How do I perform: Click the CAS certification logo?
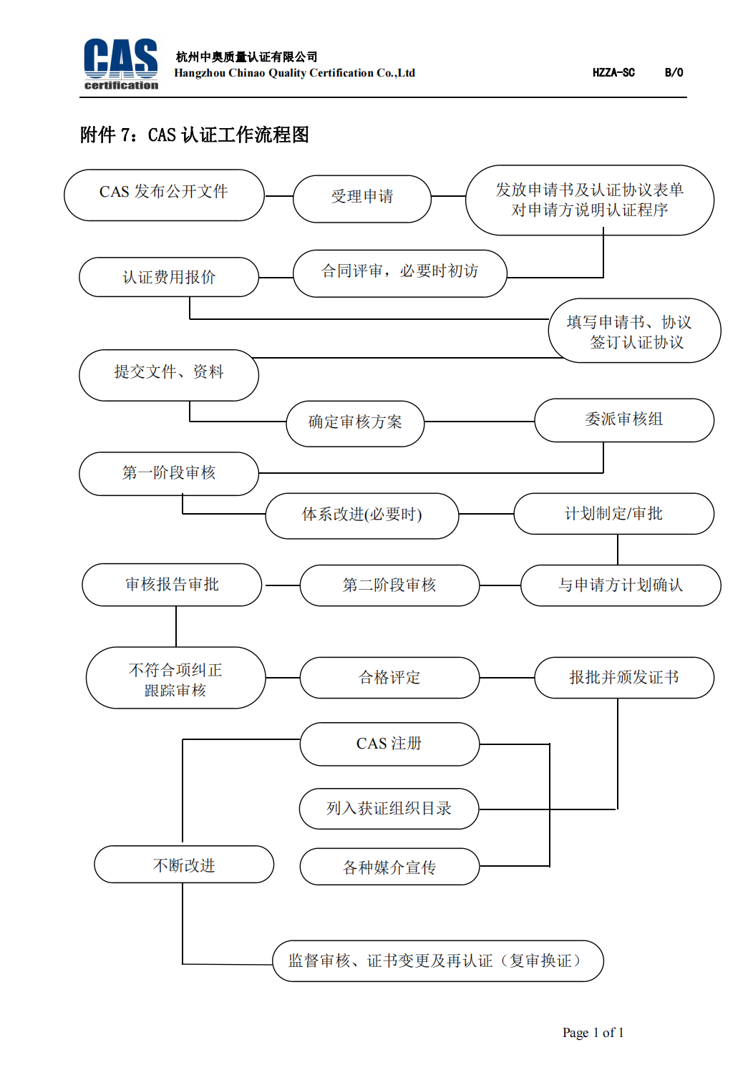click(x=121, y=64)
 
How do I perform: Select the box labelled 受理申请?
click(x=362, y=198)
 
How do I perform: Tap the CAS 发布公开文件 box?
click(x=164, y=195)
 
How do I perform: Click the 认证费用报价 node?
click(x=169, y=276)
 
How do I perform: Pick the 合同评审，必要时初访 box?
click(x=399, y=273)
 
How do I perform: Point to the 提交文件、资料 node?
click(x=169, y=375)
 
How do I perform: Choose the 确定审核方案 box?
click(x=355, y=424)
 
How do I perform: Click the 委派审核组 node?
click(x=624, y=420)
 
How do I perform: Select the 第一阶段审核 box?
click(x=169, y=473)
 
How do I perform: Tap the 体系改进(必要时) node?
click(x=362, y=515)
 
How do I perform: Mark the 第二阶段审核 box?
click(x=389, y=585)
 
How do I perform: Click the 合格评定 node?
click(x=389, y=677)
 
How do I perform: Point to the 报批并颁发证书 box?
click(x=624, y=677)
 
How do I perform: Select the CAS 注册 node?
click(x=389, y=744)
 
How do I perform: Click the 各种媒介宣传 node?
click(x=389, y=866)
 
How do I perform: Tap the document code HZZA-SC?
click(x=613, y=73)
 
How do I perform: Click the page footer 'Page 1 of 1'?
click(x=593, y=1032)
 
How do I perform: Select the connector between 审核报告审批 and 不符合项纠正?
click(x=176, y=626)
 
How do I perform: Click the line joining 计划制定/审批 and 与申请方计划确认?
click(x=617, y=549)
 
